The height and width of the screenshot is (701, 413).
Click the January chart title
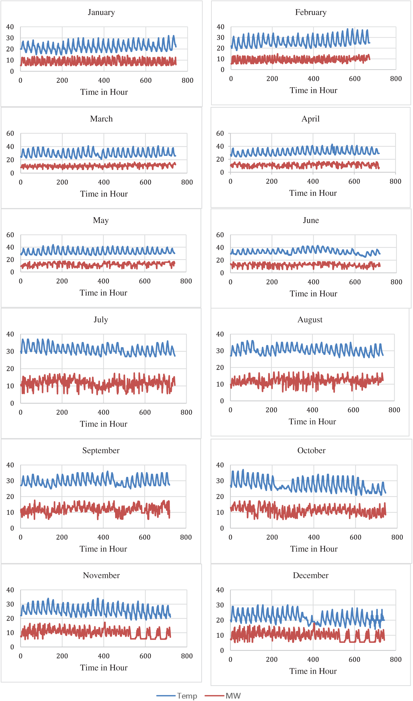(x=101, y=12)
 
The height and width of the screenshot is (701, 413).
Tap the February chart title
(x=311, y=12)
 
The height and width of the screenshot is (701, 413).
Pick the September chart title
(x=101, y=450)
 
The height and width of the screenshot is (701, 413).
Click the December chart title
(x=311, y=575)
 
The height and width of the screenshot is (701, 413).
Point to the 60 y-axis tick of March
(x=10, y=133)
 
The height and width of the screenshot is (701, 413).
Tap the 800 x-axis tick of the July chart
(x=186, y=412)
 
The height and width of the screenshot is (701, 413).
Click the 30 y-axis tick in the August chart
(x=220, y=351)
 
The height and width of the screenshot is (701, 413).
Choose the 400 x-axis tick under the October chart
(x=314, y=537)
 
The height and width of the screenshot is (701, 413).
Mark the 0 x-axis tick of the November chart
(x=21, y=656)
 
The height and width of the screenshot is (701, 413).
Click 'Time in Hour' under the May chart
(x=103, y=293)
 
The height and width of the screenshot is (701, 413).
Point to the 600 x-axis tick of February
(x=355, y=79)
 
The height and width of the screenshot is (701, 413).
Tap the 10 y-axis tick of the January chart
(x=10, y=60)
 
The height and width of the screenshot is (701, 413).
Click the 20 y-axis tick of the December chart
(x=220, y=620)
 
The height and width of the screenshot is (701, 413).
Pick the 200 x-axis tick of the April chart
(x=271, y=181)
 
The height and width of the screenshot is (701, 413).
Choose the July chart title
(x=101, y=319)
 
